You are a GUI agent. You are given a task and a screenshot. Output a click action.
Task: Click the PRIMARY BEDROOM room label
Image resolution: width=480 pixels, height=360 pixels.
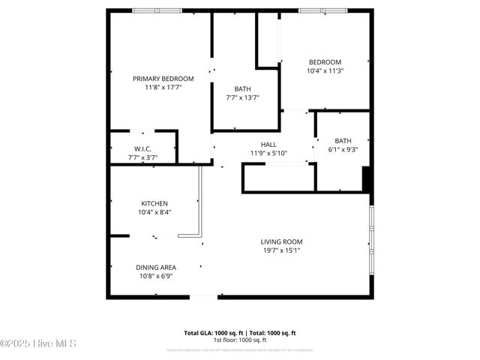[163, 79]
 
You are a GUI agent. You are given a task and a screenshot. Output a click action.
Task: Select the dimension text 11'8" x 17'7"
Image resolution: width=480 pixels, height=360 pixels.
[163, 88]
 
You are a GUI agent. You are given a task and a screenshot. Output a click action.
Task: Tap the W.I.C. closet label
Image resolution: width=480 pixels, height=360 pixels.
[142, 149]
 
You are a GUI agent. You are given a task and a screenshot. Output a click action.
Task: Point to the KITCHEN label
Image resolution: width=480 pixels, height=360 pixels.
[154, 203]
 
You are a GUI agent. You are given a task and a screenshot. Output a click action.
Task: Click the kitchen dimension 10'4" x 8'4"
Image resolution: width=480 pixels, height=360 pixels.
[154, 212]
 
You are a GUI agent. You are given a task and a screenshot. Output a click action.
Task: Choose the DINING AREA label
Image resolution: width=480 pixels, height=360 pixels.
[155, 267]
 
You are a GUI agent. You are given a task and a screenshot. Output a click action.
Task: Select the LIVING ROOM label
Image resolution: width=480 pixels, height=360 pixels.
[281, 241]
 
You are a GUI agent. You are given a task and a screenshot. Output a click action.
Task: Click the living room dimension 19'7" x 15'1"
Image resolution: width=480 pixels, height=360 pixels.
[281, 251]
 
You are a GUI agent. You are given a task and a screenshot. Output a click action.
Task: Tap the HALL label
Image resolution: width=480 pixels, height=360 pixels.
[268, 145]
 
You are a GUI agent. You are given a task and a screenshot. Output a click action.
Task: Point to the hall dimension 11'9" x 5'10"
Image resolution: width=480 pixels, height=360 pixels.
[268, 154]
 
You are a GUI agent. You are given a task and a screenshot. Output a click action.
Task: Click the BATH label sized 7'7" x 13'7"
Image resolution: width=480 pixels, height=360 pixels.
[242, 88]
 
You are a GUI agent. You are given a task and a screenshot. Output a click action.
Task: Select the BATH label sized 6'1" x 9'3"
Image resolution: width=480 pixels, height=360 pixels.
[343, 140]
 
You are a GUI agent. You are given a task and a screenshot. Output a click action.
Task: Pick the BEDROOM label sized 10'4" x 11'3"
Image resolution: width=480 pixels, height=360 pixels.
[325, 62]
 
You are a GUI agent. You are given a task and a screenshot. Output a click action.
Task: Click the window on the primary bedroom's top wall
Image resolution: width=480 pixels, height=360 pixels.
[157, 10]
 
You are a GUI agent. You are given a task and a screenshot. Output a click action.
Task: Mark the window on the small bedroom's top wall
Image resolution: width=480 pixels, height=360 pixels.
[322, 10]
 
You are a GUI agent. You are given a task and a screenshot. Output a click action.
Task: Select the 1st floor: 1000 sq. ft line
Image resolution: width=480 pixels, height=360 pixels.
[240, 340]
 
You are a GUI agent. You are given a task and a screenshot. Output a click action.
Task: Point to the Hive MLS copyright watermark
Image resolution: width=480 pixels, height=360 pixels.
[39, 343]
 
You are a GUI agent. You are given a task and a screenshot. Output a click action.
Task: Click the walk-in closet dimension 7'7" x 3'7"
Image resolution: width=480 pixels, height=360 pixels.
[142, 157]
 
